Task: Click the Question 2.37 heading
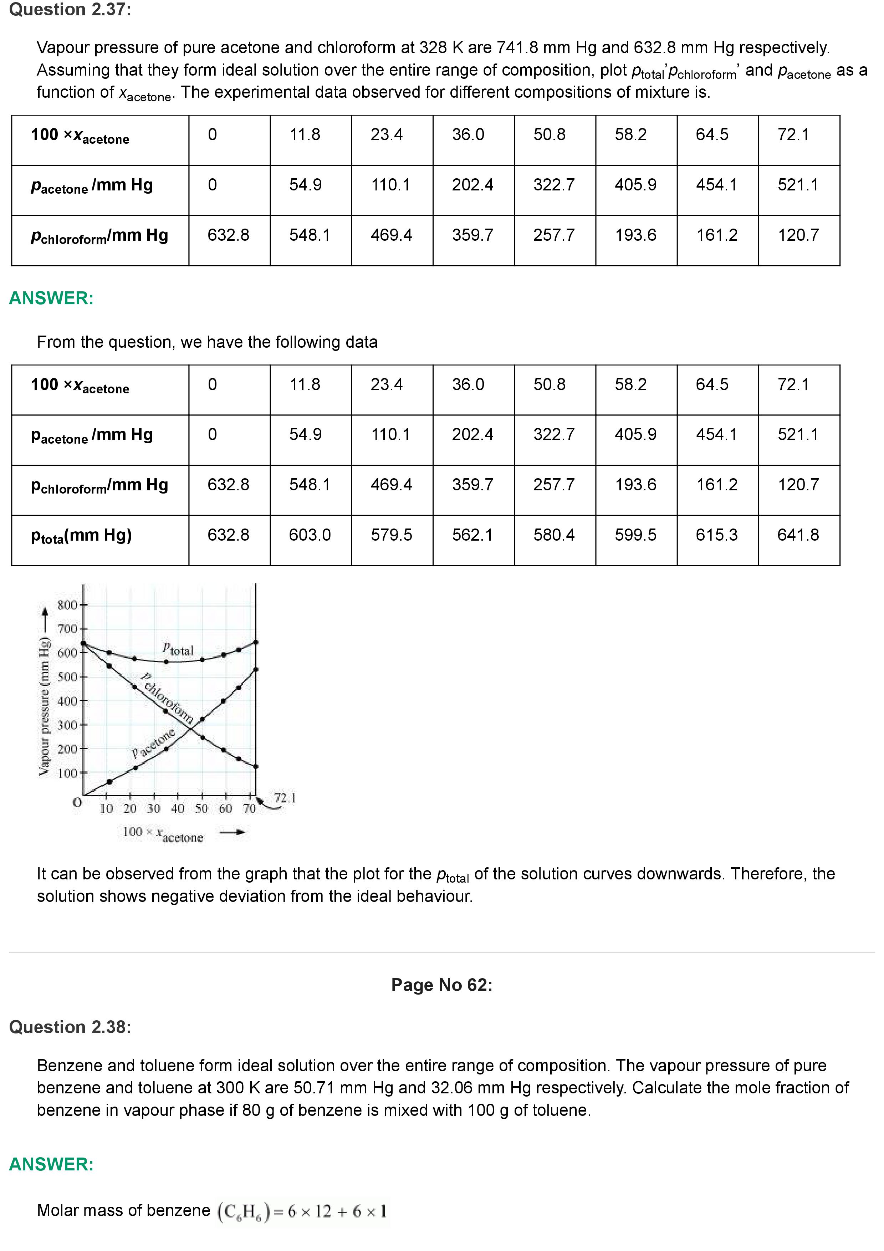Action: point(70,10)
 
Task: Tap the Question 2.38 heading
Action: point(70,1027)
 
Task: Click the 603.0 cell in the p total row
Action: point(310,535)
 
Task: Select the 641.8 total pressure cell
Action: point(798,535)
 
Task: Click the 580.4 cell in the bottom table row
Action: point(554,535)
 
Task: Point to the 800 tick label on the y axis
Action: point(67,605)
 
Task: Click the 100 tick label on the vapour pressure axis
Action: point(67,773)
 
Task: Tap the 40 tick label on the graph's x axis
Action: point(178,808)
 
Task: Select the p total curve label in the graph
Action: point(178,649)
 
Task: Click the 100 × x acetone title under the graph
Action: point(162,834)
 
